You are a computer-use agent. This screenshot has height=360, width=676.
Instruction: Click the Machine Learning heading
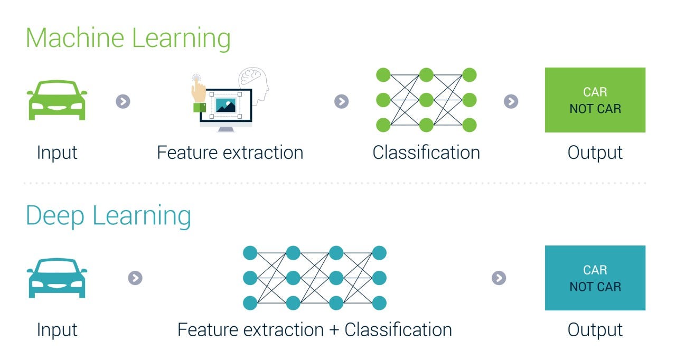[128, 39]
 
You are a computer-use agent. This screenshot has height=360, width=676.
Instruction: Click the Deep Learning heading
[108, 216]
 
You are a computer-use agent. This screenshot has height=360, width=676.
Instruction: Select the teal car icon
[57, 278]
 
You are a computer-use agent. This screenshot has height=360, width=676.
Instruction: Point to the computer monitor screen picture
[226, 105]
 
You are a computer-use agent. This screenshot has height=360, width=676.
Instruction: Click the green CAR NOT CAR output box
[595, 100]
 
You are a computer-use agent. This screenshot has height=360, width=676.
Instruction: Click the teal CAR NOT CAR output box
[595, 278]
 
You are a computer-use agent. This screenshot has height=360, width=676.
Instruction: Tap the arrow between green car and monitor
[123, 101]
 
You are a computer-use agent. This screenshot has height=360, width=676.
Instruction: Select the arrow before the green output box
[511, 101]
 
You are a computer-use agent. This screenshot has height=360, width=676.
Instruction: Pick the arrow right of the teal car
[135, 278]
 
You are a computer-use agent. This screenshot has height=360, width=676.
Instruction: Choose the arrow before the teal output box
[499, 278]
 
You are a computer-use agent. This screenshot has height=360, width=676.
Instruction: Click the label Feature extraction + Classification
[314, 330]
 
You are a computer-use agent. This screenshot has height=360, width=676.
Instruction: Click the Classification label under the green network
[426, 153]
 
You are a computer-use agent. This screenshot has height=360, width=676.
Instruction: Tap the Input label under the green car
[57, 153]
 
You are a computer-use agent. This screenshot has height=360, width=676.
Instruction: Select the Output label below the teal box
[595, 330]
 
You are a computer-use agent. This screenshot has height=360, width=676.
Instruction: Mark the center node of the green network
[426, 100]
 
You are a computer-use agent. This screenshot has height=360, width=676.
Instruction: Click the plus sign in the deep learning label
[334, 330]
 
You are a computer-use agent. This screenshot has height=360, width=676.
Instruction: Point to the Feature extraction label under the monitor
[230, 153]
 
